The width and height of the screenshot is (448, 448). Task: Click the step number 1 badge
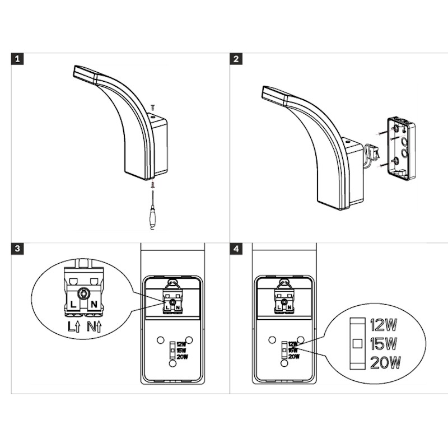click(17, 59)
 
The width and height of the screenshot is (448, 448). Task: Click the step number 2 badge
click(236, 59)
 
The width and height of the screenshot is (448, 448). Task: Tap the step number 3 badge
click(17, 249)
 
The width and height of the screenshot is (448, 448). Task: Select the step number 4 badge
click(236, 249)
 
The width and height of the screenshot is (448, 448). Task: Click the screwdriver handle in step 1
click(152, 215)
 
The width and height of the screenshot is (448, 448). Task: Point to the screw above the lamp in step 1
click(153, 108)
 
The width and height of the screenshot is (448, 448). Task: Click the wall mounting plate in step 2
click(401, 149)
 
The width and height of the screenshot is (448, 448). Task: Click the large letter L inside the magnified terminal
click(73, 305)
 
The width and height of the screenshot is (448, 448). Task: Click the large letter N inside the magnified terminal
click(94, 305)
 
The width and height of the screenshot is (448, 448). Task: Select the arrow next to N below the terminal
click(99, 326)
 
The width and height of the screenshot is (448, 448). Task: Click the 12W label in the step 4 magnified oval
click(384, 325)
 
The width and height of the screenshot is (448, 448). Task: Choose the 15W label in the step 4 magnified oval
click(384, 344)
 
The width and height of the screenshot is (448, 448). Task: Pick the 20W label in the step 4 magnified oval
click(385, 362)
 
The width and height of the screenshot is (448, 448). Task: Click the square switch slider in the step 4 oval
click(357, 343)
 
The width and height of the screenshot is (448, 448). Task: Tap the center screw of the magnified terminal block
click(83, 293)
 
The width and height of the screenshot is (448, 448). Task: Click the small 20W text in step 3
click(183, 357)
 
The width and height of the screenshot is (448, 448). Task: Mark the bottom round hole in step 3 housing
click(172, 363)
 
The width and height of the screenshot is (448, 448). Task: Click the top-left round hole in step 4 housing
click(272, 340)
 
